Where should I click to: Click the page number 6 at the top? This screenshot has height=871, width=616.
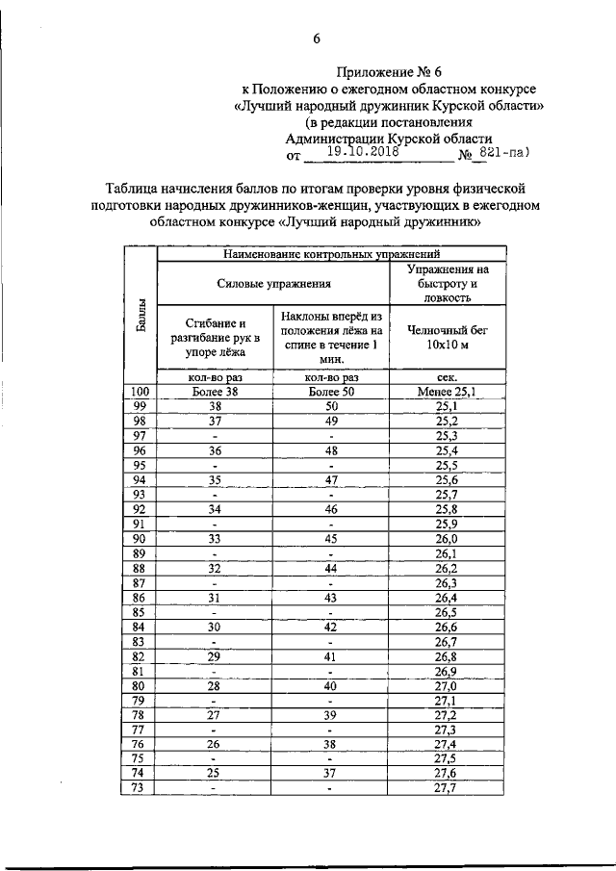click(x=315, y=38)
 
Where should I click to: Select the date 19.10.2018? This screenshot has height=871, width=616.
click(x=363, y=152)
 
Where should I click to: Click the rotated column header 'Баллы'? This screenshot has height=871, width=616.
click(x=141, y=314)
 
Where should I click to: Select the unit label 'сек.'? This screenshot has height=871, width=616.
click(x=447, y=378)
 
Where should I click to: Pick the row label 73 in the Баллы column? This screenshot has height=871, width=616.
click(x=141, y=788)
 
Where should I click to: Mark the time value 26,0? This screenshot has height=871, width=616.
click(x=447, y=539)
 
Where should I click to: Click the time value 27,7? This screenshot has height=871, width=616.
click(x=447, y=788)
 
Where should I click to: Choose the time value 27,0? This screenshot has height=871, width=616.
click(x=447, y=685)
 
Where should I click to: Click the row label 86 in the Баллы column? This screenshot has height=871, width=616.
click(x=141, y=598)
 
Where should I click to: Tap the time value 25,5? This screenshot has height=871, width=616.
click(x=447, y=466)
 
